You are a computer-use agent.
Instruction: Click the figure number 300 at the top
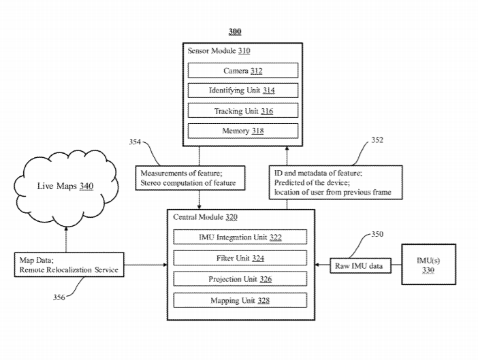234,32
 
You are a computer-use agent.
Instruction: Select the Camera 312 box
243,70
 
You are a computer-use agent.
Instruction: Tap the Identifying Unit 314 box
243,91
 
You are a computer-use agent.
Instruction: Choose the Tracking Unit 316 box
243,111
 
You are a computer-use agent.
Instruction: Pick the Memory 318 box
243,131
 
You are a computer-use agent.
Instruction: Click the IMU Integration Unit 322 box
240,238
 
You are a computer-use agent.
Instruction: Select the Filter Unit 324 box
240,259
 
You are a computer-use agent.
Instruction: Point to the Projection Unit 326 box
240,279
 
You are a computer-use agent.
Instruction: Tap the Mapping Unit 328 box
240,300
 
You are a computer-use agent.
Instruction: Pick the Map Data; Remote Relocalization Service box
69,265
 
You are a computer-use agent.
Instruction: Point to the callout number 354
136,142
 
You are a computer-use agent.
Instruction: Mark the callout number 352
377,140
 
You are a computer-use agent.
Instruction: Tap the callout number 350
377,234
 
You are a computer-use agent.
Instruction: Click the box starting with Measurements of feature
187,178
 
